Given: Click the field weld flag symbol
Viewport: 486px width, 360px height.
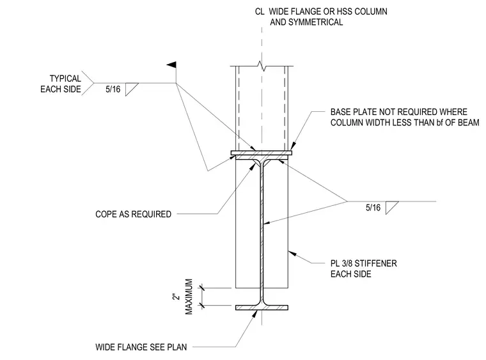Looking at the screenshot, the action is (172, 65).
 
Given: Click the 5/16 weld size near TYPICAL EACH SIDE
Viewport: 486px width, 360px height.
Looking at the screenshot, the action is (113, 90).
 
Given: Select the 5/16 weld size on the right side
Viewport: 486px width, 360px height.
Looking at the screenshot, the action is (373, 208).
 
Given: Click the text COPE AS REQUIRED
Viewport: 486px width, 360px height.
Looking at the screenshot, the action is (133, 214).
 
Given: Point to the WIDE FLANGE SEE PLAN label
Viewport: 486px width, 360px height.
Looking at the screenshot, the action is (141, 347).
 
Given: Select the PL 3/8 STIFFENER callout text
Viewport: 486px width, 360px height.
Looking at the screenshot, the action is (364, 269).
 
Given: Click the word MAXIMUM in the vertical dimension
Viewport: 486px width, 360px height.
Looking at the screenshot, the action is (189, 297).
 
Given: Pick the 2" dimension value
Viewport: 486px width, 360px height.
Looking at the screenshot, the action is (176, 297).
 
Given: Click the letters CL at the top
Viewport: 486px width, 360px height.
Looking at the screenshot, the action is (260, 12).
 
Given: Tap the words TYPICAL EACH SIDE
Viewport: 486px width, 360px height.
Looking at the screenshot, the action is (61, 84).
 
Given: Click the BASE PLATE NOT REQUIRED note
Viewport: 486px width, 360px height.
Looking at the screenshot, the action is (405, 117).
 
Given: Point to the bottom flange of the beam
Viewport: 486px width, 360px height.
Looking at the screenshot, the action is (262, 308).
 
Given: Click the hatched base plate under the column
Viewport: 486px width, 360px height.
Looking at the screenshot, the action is (262, 153).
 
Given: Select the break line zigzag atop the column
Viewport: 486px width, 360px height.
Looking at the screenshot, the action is (262, 66).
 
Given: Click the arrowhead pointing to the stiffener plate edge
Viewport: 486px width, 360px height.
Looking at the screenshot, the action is (292, 254).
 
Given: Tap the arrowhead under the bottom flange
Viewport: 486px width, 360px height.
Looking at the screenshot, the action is (255, 313).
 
